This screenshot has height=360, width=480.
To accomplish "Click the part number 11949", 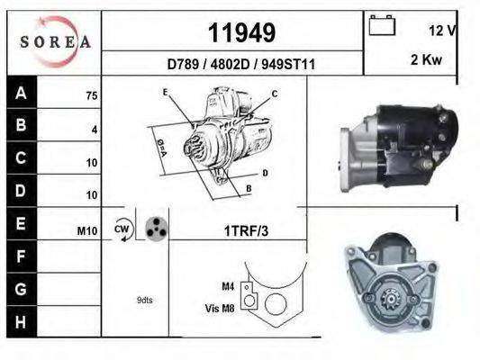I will (x=241, y=32).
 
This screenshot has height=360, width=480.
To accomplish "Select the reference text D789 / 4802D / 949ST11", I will (x=240, y=64).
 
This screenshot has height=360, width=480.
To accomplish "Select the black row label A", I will (x=21, y=94).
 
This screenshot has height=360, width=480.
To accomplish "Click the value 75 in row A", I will (x=91, y=94).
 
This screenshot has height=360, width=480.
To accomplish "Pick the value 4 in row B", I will (x=94, y=129).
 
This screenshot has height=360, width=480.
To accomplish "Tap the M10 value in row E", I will (x=87, y=231).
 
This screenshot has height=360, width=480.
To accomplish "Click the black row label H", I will (x=21, y=321).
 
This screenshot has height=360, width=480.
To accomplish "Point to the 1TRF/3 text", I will (x=244, y=230).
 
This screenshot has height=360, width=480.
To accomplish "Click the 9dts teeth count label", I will (x=144, y=300).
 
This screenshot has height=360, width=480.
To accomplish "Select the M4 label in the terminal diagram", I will (x=228, y=286).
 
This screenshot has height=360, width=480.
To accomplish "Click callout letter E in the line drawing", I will (x=165, y=92).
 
